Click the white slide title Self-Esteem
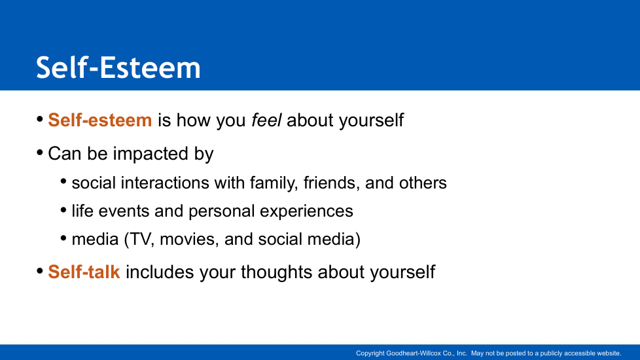click(118, 67)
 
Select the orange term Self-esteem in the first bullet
click(100, 120)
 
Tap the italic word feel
click(266, 120)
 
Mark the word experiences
click(306, 211)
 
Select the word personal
click(222, 211)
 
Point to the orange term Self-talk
click(84, 272)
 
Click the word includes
click(160, 272)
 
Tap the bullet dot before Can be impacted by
click(40, 153)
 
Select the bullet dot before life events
click(63, 210)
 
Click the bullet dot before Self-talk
click(40, 271)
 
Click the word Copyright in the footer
click(370, 353)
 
